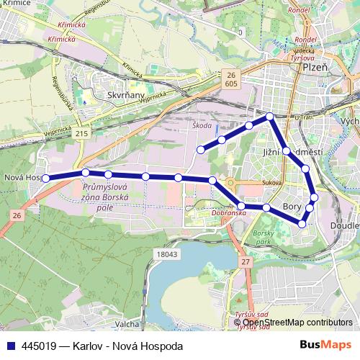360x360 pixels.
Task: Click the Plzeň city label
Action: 314,66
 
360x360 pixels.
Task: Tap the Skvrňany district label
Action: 125,94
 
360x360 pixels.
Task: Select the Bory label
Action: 292,206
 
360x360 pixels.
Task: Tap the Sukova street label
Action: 272,182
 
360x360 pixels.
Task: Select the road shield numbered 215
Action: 81,134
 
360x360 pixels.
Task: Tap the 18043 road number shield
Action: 166,253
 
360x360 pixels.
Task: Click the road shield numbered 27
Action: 246,262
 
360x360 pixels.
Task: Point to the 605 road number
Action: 230,84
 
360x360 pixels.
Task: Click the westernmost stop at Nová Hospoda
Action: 45,178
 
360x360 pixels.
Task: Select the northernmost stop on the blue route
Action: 269,116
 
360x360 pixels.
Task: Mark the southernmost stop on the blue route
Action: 302,224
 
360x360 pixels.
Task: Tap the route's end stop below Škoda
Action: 200,150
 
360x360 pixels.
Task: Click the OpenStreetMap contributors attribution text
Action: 297,323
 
